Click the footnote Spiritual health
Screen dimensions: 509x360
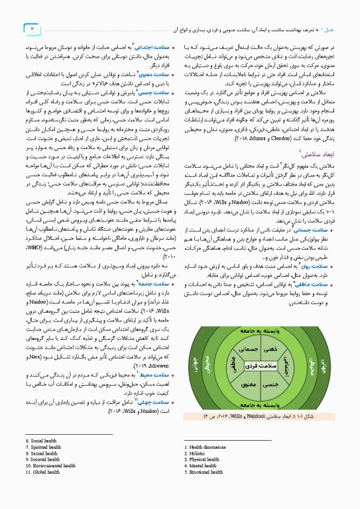pyautogui.click(x=46, y=445)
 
